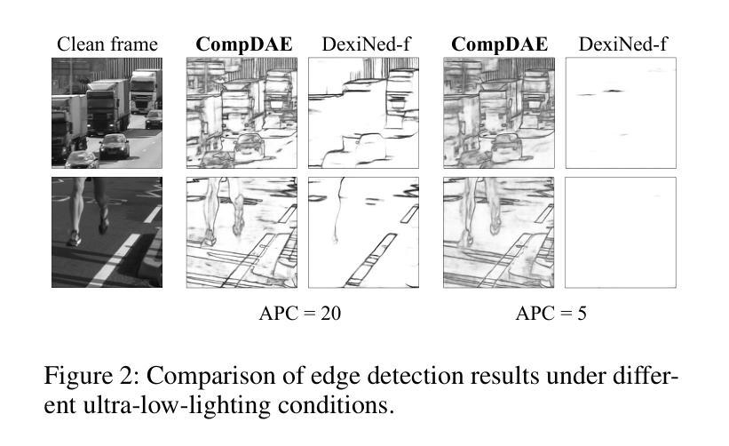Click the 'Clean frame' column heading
(107, 44)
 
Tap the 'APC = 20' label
(300, 313)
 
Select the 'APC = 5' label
(551, 313)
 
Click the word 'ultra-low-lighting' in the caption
(177, 405)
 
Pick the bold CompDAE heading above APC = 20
(244, 44)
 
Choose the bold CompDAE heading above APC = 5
(499, 44)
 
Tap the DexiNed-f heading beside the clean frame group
(367, 44)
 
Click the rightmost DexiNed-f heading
(623, 44)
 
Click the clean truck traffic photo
(107, 113)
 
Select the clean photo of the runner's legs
(107, 232)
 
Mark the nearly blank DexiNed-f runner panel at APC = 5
(621, 232)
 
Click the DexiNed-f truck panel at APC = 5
(621, 113)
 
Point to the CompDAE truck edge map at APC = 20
(242, 113)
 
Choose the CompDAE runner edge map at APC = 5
(499, 232)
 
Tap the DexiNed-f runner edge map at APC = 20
(363, 232)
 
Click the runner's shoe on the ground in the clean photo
(74, 238)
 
